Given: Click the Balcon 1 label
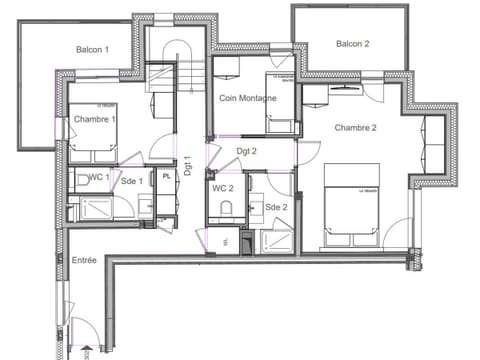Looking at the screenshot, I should pos(92,49).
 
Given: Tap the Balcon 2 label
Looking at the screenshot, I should pos(352,43).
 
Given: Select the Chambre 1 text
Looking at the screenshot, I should pos(94,119).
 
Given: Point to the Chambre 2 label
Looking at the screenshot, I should pos(355,127).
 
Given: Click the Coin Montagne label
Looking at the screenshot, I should pos(248,96).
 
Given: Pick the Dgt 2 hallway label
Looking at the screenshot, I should pos(247,152).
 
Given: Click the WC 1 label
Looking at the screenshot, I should pos(96,178).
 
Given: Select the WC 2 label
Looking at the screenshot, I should pos(222,188).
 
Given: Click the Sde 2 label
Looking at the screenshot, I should pos(276,207).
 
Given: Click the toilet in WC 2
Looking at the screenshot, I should pos(226,207).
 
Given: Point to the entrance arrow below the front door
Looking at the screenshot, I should pos(87,351).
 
